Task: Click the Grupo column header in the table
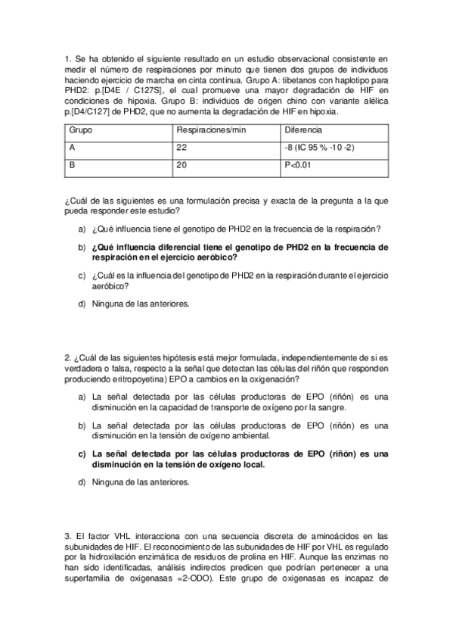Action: coord(81,130)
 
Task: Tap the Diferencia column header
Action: coord(303,130)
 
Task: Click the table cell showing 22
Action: coord(182,148)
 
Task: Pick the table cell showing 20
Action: coord(182,164)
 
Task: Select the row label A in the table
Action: coord(72,148)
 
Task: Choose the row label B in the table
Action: coord(72,164)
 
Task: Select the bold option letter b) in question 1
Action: coord(82,248)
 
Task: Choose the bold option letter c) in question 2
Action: coord(82,454)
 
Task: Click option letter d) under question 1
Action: coord(82,304)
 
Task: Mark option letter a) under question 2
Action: coord(82,397)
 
